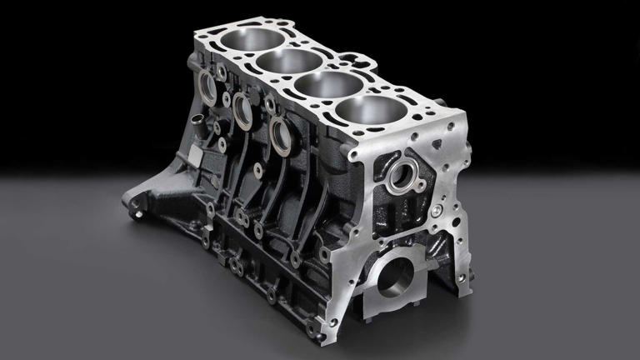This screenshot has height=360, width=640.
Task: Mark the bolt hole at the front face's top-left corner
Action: [355, 155]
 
